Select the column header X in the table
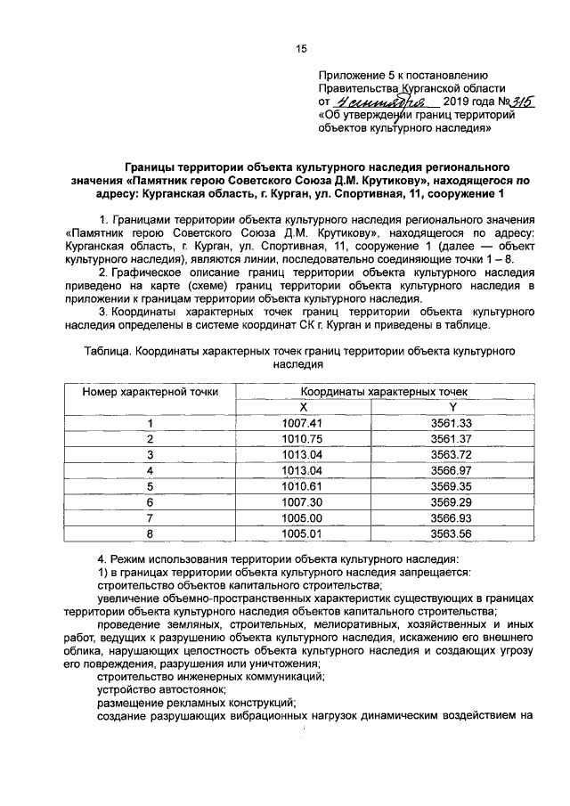(301, 406)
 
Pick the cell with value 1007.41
(301, 423)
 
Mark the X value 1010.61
(301, 486)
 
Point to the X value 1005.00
(301, 517)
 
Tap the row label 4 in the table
(151, 470)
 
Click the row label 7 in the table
(151, 517)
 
